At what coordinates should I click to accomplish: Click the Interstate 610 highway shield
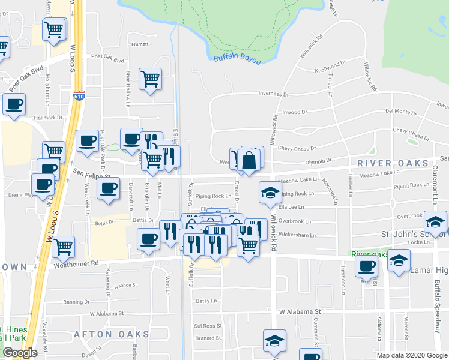click(x=79, y=95)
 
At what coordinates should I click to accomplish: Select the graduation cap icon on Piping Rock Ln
click(x=270, y=192)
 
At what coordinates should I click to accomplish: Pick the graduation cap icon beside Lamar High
click(x=399, y=260)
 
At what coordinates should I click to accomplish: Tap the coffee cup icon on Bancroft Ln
click(x=108, y=188)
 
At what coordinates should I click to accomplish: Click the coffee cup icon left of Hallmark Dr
click(x=14, y=103)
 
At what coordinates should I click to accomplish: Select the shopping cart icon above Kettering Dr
click(x=63, y=245)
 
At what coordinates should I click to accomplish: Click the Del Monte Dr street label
click(x=401, y=112)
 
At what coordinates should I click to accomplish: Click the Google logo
click(x=20, y=353)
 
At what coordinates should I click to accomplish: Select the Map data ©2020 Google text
click(x=412, y=355)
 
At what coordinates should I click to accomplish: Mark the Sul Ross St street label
click(x=208, y=326)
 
